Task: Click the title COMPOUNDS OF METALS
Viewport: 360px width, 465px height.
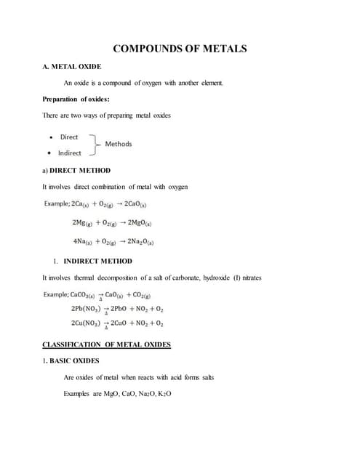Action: pyautogui.click(x=180, y=49)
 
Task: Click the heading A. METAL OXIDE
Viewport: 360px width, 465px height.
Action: pyautogui.click(x=73, y=66)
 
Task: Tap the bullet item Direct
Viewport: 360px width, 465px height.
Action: pyautogui.click(x=69, y=137)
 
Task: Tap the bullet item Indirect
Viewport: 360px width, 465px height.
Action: pyautogui.click(x=70, y=153)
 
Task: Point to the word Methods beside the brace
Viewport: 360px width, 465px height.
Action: pyautogui.click(x=119, y=144)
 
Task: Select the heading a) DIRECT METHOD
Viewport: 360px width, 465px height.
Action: pyautogui.click(x=77, y=170)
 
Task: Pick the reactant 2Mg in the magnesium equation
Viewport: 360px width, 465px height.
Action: pyautogui.click(x=82, y=222)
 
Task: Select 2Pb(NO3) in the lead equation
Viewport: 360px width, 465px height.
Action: pyautogui.click(x=85, y=308)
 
